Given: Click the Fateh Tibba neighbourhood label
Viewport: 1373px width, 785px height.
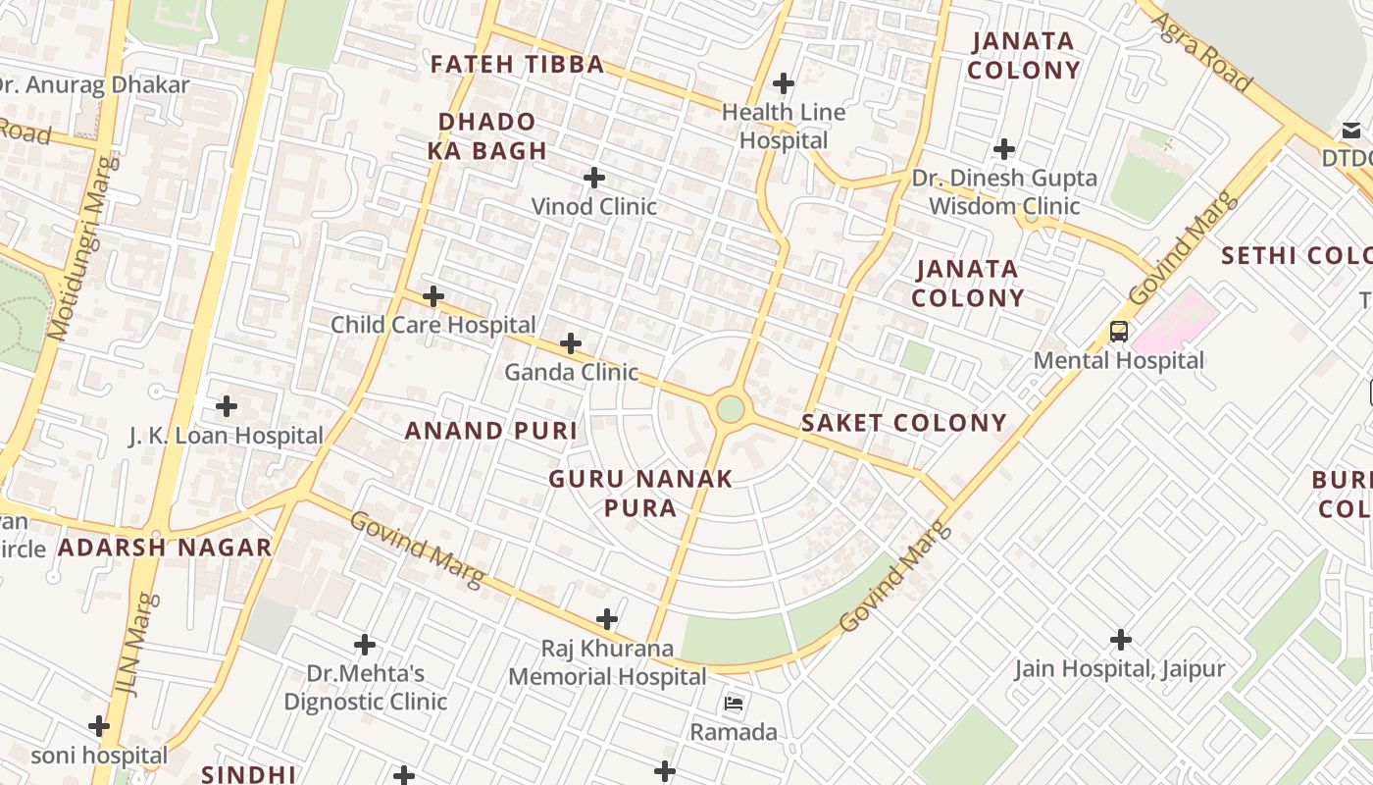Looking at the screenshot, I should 517,65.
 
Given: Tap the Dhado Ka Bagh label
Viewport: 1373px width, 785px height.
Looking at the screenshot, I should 487,136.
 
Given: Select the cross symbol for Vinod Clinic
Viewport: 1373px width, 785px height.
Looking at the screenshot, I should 594,178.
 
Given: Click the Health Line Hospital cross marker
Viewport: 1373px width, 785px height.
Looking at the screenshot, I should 783,83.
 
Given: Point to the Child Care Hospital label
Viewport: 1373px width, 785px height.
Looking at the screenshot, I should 432,325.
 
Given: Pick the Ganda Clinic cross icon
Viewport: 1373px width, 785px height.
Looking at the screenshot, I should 570,343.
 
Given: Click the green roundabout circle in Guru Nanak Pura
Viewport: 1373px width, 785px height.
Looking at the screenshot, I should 730,409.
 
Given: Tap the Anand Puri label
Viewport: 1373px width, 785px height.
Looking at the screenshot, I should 490,431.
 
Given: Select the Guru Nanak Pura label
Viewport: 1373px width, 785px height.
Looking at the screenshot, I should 640,494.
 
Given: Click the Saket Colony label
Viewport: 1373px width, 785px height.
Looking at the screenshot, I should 903,423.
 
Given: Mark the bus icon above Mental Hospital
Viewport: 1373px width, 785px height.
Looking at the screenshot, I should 1118,332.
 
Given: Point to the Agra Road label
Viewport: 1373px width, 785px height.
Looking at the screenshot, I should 1201,52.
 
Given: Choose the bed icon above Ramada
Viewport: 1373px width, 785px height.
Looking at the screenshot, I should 734,704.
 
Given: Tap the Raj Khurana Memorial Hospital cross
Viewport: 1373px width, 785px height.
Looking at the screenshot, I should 607,619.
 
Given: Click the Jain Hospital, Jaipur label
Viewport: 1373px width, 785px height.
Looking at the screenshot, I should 1119,669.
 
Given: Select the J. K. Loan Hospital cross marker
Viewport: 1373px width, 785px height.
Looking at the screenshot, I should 227,405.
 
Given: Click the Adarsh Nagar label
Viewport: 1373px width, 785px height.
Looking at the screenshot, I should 164,548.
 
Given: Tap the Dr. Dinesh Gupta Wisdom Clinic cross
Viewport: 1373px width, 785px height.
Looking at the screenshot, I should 1003,149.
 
